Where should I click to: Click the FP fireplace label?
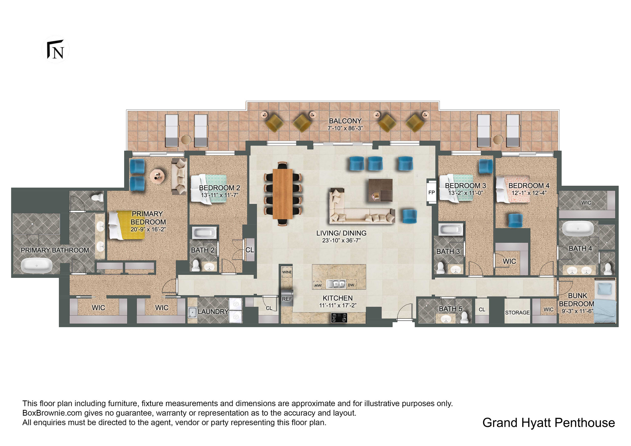(431, 193)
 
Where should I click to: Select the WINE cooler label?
(287, 272)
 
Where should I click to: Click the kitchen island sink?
(336, 284)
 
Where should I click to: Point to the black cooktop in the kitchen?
(339, 318)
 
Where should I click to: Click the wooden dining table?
(283, 194)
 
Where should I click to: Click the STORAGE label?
(517, 313)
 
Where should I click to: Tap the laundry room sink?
(192, 312)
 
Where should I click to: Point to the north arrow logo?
(55, 50)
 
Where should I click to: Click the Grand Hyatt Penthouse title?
(548, 423)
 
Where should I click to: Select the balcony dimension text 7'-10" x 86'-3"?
(345, 128)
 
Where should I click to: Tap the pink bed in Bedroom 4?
(513, 189)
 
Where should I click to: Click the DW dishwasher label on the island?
(351, 285)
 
